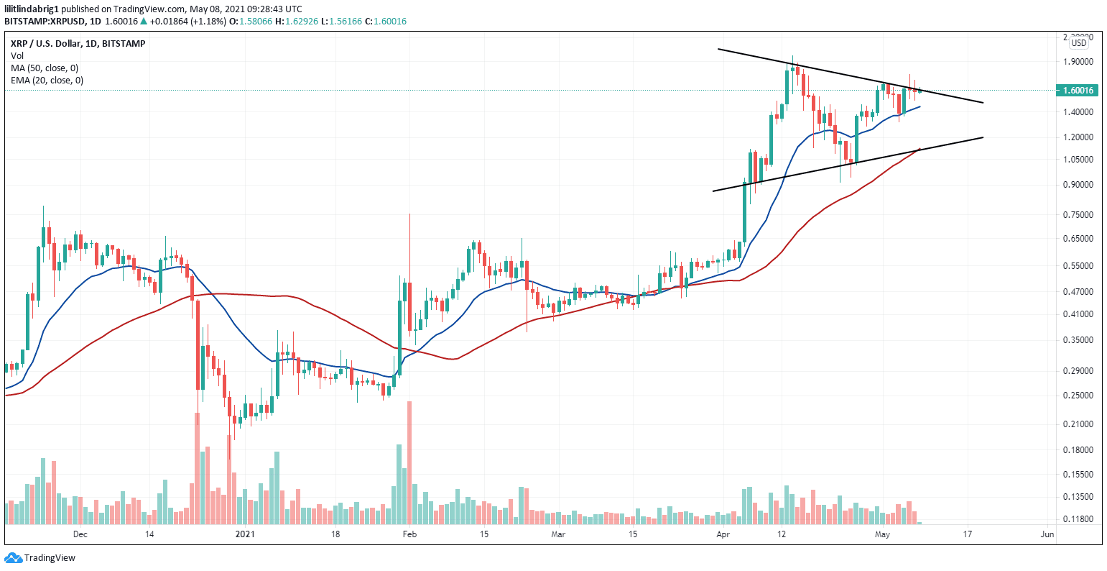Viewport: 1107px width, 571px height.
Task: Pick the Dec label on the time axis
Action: click(x=80, y=534)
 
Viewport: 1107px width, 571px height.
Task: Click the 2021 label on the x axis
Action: click(x=245, y=534)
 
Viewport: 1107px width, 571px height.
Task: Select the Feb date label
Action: click(x=409, y=534)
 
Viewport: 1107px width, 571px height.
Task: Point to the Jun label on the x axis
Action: click(x=1047, y=534)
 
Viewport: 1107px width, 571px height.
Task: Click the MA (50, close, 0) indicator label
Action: click(x=45, y=68)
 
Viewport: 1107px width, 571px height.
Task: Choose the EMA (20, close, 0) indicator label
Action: click(x=47, y=80)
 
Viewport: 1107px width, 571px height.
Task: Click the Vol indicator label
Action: click(x=17, y=55)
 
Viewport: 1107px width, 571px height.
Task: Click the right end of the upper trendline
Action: click(x=982, y=103)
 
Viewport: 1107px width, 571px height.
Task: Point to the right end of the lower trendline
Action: click(x=982, y=137)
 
